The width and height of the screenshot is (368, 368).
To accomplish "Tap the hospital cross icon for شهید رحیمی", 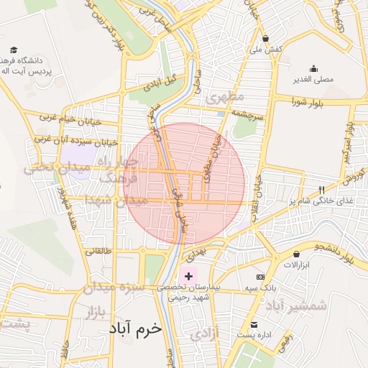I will (189, 276).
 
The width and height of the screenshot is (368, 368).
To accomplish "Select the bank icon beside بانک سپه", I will (260, 277).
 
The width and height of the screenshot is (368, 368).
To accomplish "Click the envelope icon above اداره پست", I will (253, 324).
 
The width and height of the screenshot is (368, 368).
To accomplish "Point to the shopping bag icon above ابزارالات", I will (296, 254).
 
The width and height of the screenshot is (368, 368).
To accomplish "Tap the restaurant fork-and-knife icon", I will (321, 190).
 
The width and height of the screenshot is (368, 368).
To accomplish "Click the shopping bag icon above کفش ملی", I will (266, 39).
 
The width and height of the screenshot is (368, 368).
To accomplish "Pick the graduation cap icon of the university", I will (14, 50).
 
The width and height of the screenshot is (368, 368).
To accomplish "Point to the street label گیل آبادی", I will (160, 83).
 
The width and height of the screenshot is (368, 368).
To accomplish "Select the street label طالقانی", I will (98, 251).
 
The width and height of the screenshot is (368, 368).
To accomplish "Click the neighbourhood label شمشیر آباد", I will (295, 305).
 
